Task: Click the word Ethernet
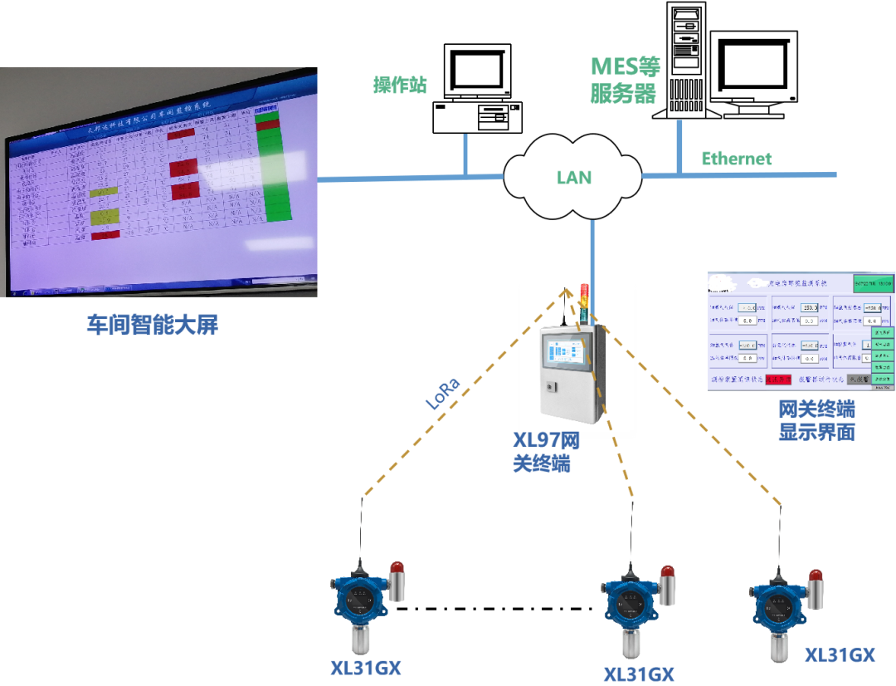point(737,159)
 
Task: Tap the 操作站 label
point(401,85)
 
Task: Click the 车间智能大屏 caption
point(152,325)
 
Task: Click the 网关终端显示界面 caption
point(816,421)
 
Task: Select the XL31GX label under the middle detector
point(638,674)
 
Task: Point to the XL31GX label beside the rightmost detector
point(840,655)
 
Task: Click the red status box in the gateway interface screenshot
point(779,379)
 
